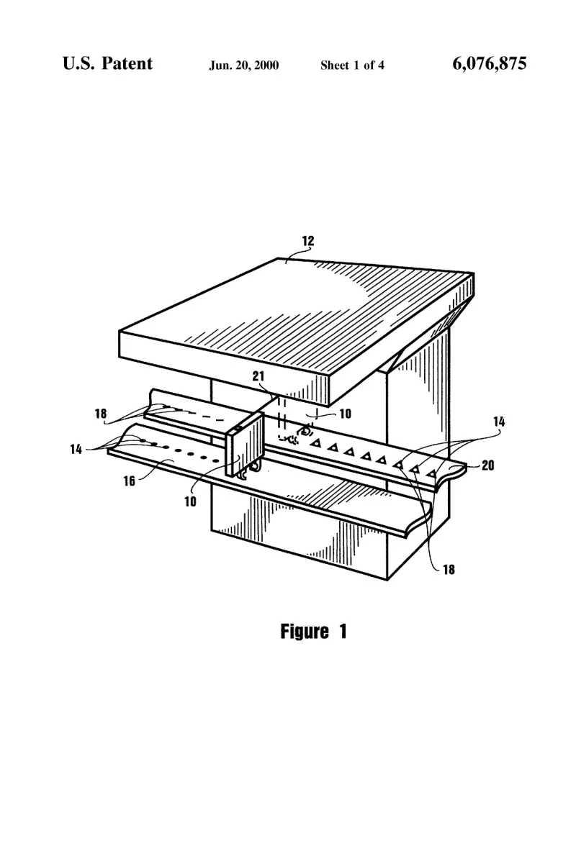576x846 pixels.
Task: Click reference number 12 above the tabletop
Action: click(307, 241)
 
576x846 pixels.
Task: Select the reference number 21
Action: click(258, 376)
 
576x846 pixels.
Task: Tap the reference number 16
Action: click(130, 481)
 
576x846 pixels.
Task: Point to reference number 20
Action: click(488, 465)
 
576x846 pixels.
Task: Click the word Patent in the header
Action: click(127, 63)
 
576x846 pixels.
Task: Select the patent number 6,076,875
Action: click(489, 63)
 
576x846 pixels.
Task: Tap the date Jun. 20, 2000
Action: click(244, 66)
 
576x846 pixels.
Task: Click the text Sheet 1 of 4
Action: click(352, 66)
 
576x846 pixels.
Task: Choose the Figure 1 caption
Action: click(314, 632)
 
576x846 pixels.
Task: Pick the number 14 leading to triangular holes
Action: click(500, 422)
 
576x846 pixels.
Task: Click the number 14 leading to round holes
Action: click(76, 449)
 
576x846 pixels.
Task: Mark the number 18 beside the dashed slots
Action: click(101, 414)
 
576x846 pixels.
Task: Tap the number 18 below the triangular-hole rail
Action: click(449, 570)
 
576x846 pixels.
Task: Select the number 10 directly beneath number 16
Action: click(191, 502)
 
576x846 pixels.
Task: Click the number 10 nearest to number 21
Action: click(345, 414)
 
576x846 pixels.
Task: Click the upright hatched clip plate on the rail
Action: click(245, 443)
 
